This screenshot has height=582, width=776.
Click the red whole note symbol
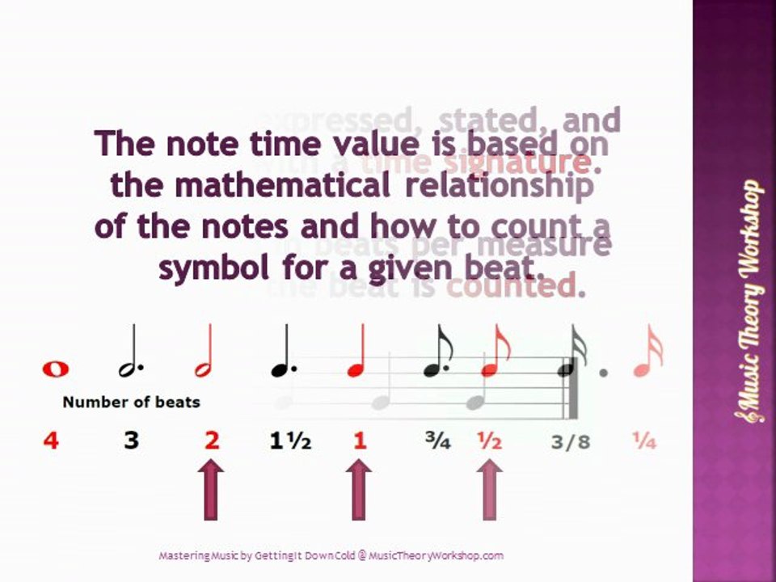click(x=56, y=369)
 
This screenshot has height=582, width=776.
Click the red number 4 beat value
click(x=51, y=441)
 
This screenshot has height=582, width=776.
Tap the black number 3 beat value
click(x=131, y=441)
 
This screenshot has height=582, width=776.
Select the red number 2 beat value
click(x=212, y=441)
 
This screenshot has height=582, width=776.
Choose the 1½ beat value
click(x=290, y=441)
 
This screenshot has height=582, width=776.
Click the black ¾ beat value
click(x=438, y=441)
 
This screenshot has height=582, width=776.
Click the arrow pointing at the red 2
click(x=211, y=488)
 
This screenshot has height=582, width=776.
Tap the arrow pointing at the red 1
click(x=359, y=488)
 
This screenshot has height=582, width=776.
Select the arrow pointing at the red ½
click(x=488, y=488)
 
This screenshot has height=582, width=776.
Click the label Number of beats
click(x=131, y=402)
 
